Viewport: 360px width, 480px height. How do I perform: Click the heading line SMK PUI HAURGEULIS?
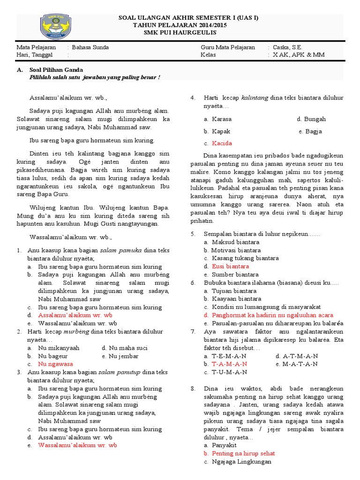pos(184,32)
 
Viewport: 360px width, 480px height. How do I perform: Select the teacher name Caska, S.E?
pos(287,47)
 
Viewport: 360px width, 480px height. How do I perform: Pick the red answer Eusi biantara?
pos(230,266)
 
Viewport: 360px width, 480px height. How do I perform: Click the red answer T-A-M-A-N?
pos(229,364)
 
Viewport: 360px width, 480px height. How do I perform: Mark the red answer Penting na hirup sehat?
pos(243,453)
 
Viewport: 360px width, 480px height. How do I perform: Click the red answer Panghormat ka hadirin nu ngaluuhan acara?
pos(272,315)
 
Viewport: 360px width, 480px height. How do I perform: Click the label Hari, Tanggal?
pos(35,55)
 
